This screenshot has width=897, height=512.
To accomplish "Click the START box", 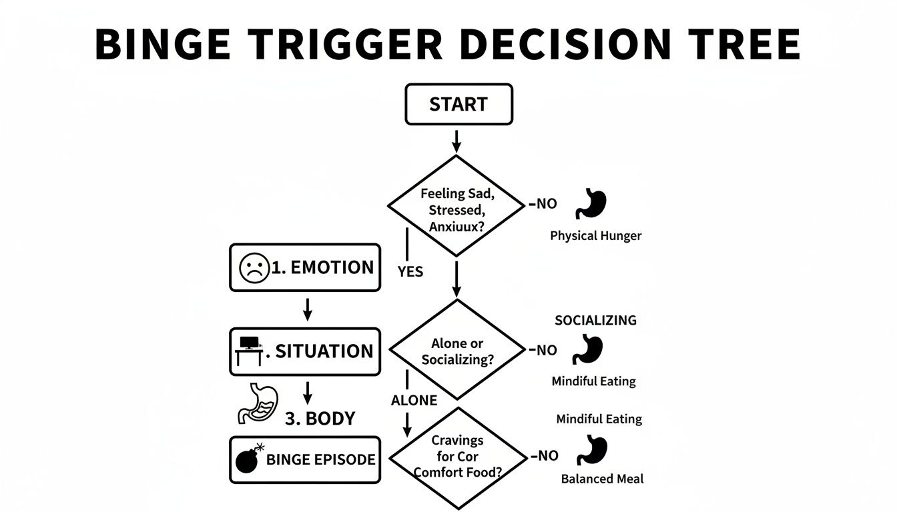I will point(459,105).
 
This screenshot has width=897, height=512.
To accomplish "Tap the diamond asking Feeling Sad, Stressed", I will point(456,206).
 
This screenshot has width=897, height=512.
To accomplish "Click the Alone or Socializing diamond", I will point(457,351).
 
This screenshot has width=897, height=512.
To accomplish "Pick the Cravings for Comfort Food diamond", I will point(457,457).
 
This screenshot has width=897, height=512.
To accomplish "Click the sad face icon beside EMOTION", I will point(254,268).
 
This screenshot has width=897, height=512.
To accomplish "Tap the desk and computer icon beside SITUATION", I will point(249,351).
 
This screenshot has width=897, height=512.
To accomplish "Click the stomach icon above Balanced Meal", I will point(592,451).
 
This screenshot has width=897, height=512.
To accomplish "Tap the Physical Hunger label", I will point(595,235).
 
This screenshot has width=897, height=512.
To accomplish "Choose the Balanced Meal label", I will point(602,479).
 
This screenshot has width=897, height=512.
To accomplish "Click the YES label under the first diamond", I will point(410,272).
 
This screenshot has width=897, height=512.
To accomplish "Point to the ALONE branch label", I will point(414,400).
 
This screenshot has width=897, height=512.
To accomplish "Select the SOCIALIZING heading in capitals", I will point(595,320).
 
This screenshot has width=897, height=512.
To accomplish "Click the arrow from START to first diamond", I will point(457,140).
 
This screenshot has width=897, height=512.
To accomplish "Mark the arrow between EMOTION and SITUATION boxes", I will point(307,308).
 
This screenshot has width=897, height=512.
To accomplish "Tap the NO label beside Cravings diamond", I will point(545,456).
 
